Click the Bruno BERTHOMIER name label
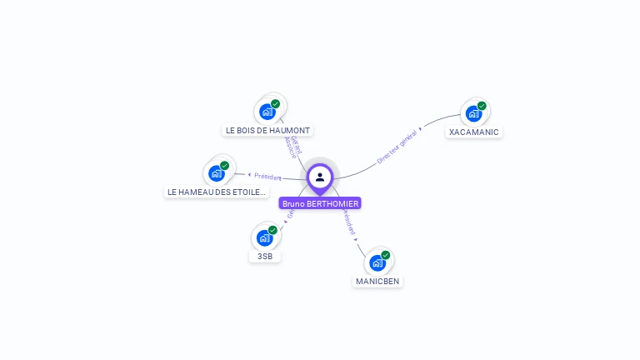click(x=320, y=203)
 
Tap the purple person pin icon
click(x=320, y=177)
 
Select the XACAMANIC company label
click(x=473, y=132)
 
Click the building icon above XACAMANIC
click(x=473, y=113)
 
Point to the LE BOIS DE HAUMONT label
click(x=267, y=131)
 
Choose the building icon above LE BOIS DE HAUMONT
click(x=267, y=112)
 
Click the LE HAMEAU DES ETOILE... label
click(x=217, y=192)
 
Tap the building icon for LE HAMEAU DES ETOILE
click(x=217, y=173)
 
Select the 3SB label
click(x=265, y=256)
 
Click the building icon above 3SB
click(x=264, y=238)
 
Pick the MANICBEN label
click(x=377, y=281)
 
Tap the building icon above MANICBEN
click(x=377, y=263)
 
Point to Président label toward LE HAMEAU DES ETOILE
click(x=267, y=177)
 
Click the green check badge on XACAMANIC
click(x=482, y=106)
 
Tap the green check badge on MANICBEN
click(x=386, y=255)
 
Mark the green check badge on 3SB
click(x=272, y=230)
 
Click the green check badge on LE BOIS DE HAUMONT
click(x=275, y=104)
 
